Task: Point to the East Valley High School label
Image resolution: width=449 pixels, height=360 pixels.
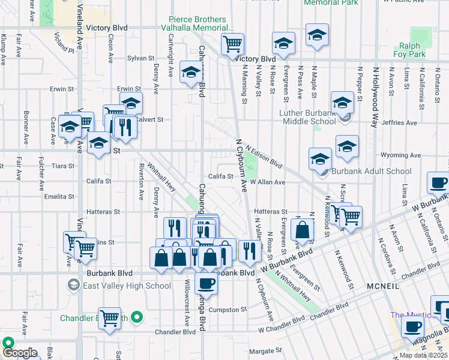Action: (x=127, y=286)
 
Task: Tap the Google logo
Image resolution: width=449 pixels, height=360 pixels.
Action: (x=20, y=353)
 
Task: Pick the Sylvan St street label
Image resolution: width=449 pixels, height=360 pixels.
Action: (x=141, y=58)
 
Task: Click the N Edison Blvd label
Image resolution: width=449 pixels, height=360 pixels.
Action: (x=264, y=155)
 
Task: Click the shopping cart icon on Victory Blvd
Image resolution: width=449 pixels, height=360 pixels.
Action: (x=232, y=43)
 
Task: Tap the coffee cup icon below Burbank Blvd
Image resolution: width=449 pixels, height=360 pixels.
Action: (x=206, y=283)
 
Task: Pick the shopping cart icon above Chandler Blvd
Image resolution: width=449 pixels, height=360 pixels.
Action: (x=109, y=318)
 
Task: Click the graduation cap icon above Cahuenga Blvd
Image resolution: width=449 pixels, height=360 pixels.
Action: (x=191, y=73)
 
